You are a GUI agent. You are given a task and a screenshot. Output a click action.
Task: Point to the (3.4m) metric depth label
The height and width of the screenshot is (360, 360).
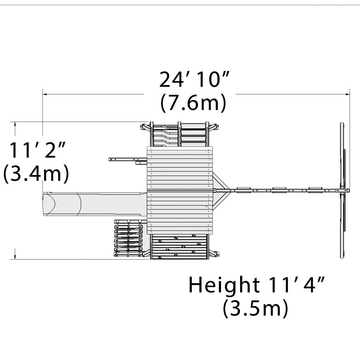(x=36, y=173)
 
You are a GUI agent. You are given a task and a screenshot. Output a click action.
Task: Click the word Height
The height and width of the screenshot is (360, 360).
(x=224, y=285)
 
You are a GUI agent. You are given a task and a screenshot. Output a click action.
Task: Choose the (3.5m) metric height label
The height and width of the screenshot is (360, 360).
(x=256, y=308)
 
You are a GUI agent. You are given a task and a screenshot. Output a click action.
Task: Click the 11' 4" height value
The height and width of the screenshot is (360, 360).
(x=297, y=285)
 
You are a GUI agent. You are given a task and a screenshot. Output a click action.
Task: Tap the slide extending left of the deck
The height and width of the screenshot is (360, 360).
(x=95, y=204)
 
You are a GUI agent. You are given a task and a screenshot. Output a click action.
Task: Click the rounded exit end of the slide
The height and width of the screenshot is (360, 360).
(x=49, y=204)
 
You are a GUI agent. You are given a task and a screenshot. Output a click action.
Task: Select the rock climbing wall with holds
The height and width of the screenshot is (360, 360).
(x=180, y=246)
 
